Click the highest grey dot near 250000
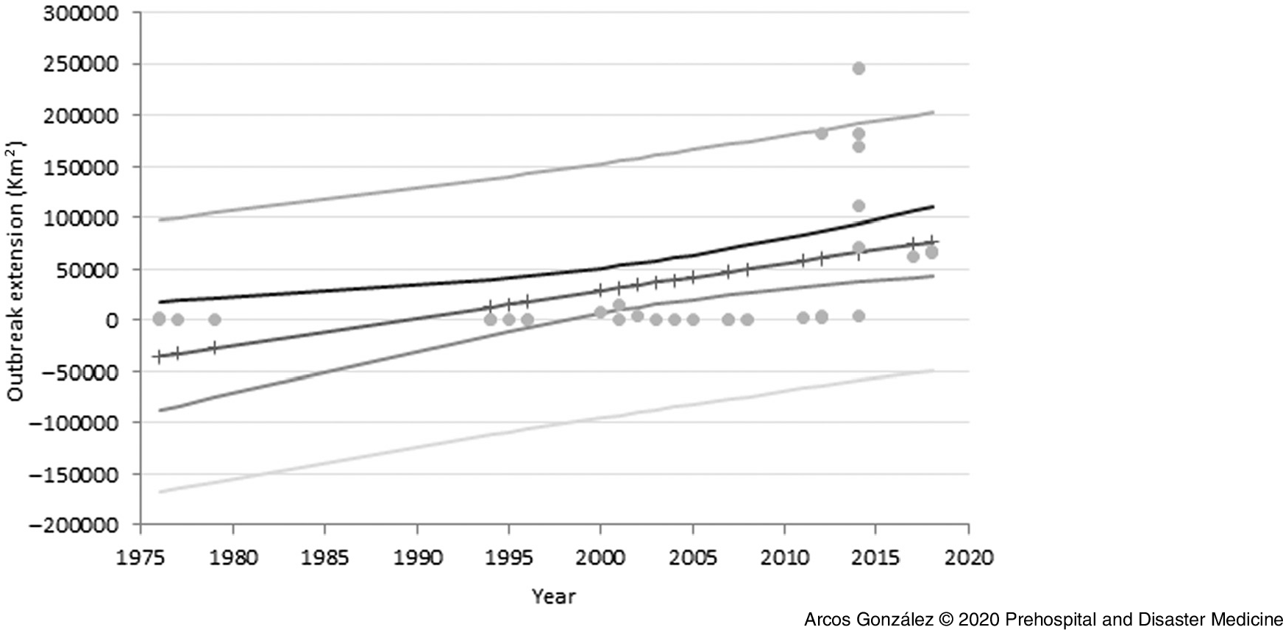click(858, 68)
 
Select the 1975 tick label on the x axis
click(141, 558)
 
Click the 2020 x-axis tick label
click(968, 558)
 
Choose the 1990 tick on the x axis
click(416, 558)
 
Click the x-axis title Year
click(553, 596)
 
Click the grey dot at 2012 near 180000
click(821, 133)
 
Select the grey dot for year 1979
click(214, 319)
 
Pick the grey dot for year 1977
click(177, 319)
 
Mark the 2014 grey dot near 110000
click(858, 206)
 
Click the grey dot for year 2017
click(913, 257)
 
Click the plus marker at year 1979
click(214, 347)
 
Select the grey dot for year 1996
click(527, 319)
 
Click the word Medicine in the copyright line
click(1248, 619)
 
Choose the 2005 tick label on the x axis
click(692, 558)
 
